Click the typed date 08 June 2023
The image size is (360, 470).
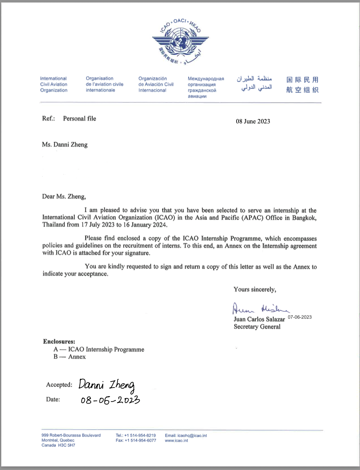coord(253,121)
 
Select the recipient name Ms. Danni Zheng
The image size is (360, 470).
coord(65,145)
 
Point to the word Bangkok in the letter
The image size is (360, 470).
coord(305,218)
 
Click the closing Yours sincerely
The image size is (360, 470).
coord(255,290)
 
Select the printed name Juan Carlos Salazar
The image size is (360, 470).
coord(259,319)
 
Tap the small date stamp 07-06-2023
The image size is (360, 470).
coord(299,317)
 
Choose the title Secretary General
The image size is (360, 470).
coord(257,327)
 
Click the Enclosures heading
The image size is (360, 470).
coord(59,341)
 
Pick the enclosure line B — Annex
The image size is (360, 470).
coord(70,357)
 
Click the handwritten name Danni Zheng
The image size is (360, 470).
coord(107,385)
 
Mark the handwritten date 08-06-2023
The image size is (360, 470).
coord(110,400)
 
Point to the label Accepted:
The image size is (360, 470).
coord(59,385)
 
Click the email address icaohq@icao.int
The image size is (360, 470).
coord(186,435)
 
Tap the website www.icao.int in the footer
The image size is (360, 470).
coord(176,441)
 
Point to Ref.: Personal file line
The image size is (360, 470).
coord(69,118)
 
